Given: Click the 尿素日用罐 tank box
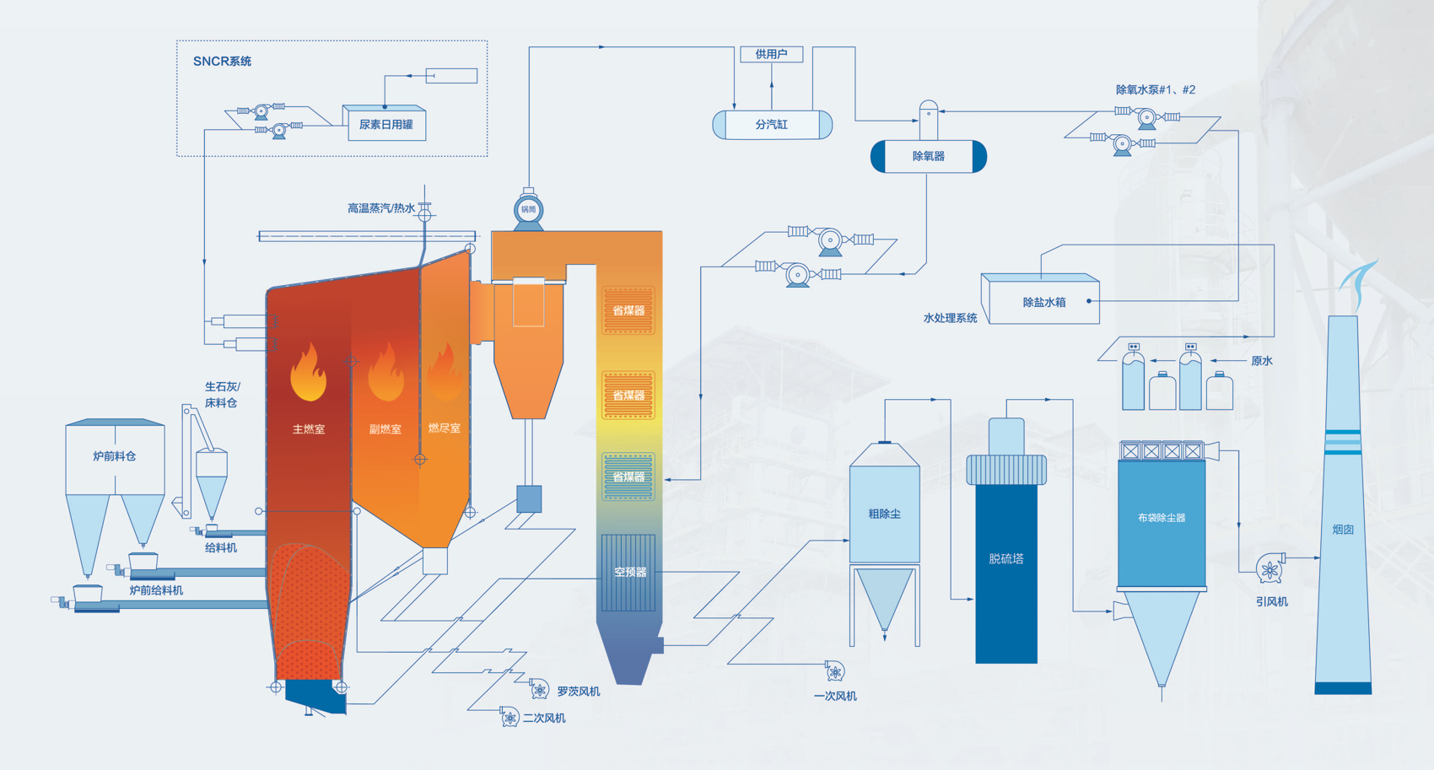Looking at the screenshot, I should click(385, 124).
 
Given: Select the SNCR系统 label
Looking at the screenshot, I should click(222, 61).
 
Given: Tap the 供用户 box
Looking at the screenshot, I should click(771, 54).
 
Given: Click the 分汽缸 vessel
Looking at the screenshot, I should click(772, 124).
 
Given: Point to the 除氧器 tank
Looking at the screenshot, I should click(928, 156).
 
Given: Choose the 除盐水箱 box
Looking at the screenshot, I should click(1043, 302).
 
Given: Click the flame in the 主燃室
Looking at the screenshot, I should click(308, 372).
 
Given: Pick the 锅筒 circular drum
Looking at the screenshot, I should click(528, 209).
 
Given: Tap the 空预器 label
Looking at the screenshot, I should click(629, 572).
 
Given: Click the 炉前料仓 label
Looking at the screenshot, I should click(114, 456).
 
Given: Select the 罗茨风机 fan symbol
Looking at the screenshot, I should click(540, 691).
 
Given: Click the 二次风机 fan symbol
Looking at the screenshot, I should click(509, 718).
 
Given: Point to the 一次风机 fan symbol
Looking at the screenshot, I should click(834, 671).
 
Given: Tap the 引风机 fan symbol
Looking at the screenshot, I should click(1270, 569).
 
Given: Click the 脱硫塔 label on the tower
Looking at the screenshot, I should click(1005, 558).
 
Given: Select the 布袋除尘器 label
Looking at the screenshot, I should click(1162, 518).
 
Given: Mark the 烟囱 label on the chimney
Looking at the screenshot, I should click(1343, 530).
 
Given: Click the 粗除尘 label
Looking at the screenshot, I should click(884, 514).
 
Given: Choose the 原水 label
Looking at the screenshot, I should click(1262, 361).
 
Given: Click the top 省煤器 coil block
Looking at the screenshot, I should click(628, 310).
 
